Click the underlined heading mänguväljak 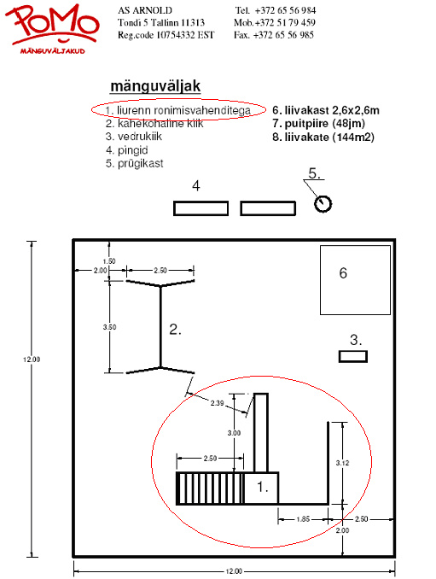pos(155,86)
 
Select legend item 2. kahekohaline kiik pos(154,123)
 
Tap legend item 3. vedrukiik pos(133,137)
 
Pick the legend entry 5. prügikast pos(134,164)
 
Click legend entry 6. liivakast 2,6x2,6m pos(326,110)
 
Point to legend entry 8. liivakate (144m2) pos(323,137)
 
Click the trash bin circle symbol pos(323,203)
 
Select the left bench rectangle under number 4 pos(201,208)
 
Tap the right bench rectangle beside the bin pos(268,208)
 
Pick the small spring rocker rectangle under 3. pos(353,357)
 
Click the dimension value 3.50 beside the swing pos(109,327)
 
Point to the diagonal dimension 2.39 pos(218,403)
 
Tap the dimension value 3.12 pos(342,463)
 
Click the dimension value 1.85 pos(303,519)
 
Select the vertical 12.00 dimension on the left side pos(32,360)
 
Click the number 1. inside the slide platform pos(262,487)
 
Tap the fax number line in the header pos(274,35)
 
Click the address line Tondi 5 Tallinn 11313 pos(161,22)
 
